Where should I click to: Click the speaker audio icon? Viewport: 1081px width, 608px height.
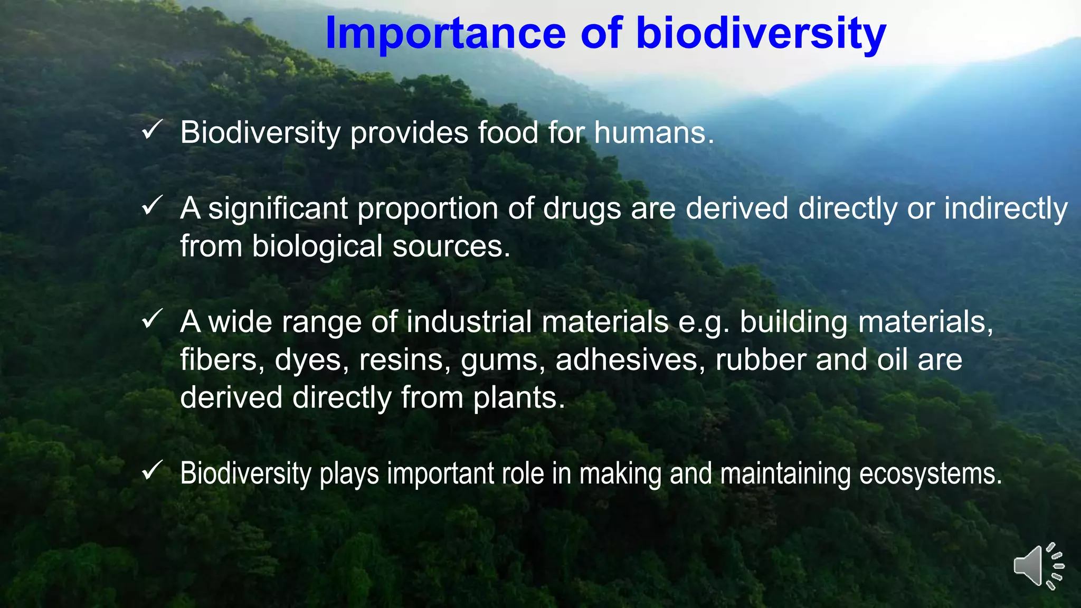click(x=1038, y=566)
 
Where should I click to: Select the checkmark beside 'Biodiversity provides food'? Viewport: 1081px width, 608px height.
click(x=152, y=129)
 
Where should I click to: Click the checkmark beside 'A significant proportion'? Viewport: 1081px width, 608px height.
click(x=152, y=205)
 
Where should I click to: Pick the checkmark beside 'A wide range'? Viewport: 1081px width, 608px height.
click(x=152, y=319)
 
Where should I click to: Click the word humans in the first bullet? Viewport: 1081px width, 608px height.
click(x=653, y=132)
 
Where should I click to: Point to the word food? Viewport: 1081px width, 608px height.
click(x=508, y=132)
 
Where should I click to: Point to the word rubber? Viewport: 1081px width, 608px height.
click(x=760, y=360)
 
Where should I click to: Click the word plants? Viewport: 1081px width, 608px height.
click(x=519, y=398)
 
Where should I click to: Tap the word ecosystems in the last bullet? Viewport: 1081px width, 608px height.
click(x=930, y=474)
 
